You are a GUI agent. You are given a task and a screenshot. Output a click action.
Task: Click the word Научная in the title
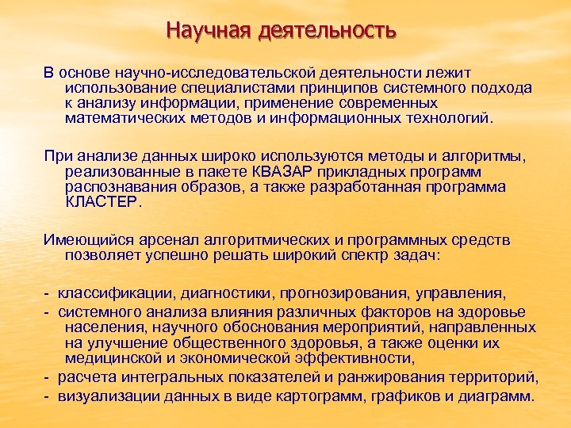[x=209, y=32]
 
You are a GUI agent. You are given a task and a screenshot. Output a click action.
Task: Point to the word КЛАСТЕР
[x=101, y=202]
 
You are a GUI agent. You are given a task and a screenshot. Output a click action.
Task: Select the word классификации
[x=112, y=293]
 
